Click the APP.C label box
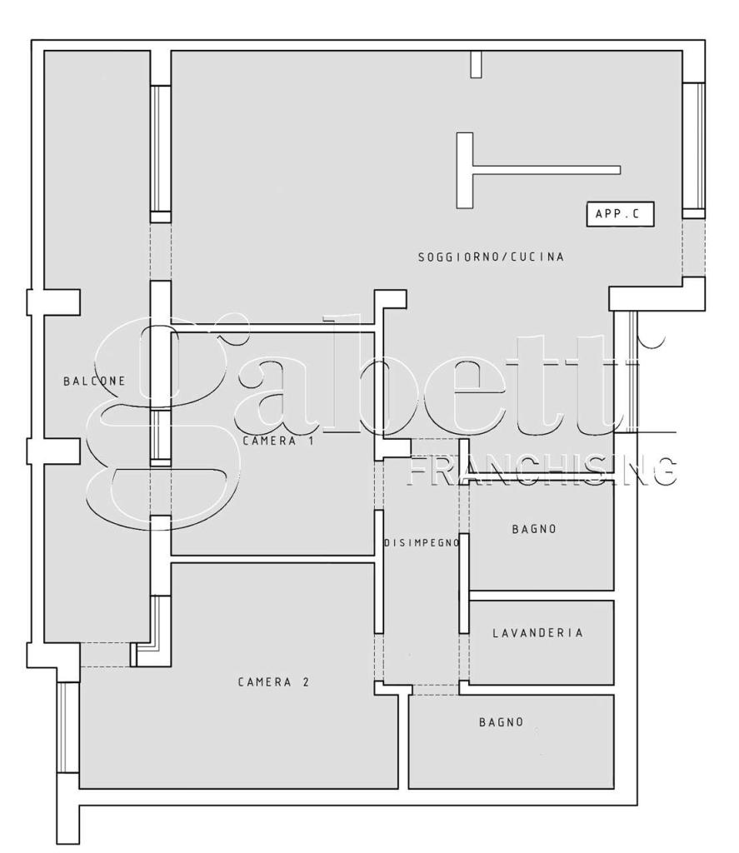tap(620, 214)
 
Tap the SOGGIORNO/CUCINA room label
tap(491, 257)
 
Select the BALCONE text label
tap(95, 381)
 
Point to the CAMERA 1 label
tap(278, 441)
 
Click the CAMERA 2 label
tap(274, 681)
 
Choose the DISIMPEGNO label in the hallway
tap(422, 543)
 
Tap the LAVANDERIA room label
tap(537, 633)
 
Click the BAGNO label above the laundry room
tap(534, 529)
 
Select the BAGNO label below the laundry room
tap(502, 722)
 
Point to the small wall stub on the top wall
tap(477, 64)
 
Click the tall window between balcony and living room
tap(161, 148)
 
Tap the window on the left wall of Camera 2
tap(68, 727)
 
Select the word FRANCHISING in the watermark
tap(542, 471)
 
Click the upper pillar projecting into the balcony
tap(54, 302)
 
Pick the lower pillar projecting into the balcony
tap(54, 451)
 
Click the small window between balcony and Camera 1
tap(161, 435)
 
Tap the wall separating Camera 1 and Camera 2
tap(272, 559)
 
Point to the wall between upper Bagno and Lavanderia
tap(542, 595)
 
